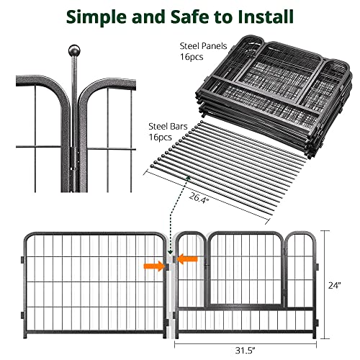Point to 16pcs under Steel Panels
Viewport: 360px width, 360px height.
192,58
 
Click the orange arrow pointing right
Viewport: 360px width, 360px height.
153,266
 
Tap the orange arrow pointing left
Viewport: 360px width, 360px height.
189,258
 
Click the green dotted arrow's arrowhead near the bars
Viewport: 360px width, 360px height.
189,174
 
